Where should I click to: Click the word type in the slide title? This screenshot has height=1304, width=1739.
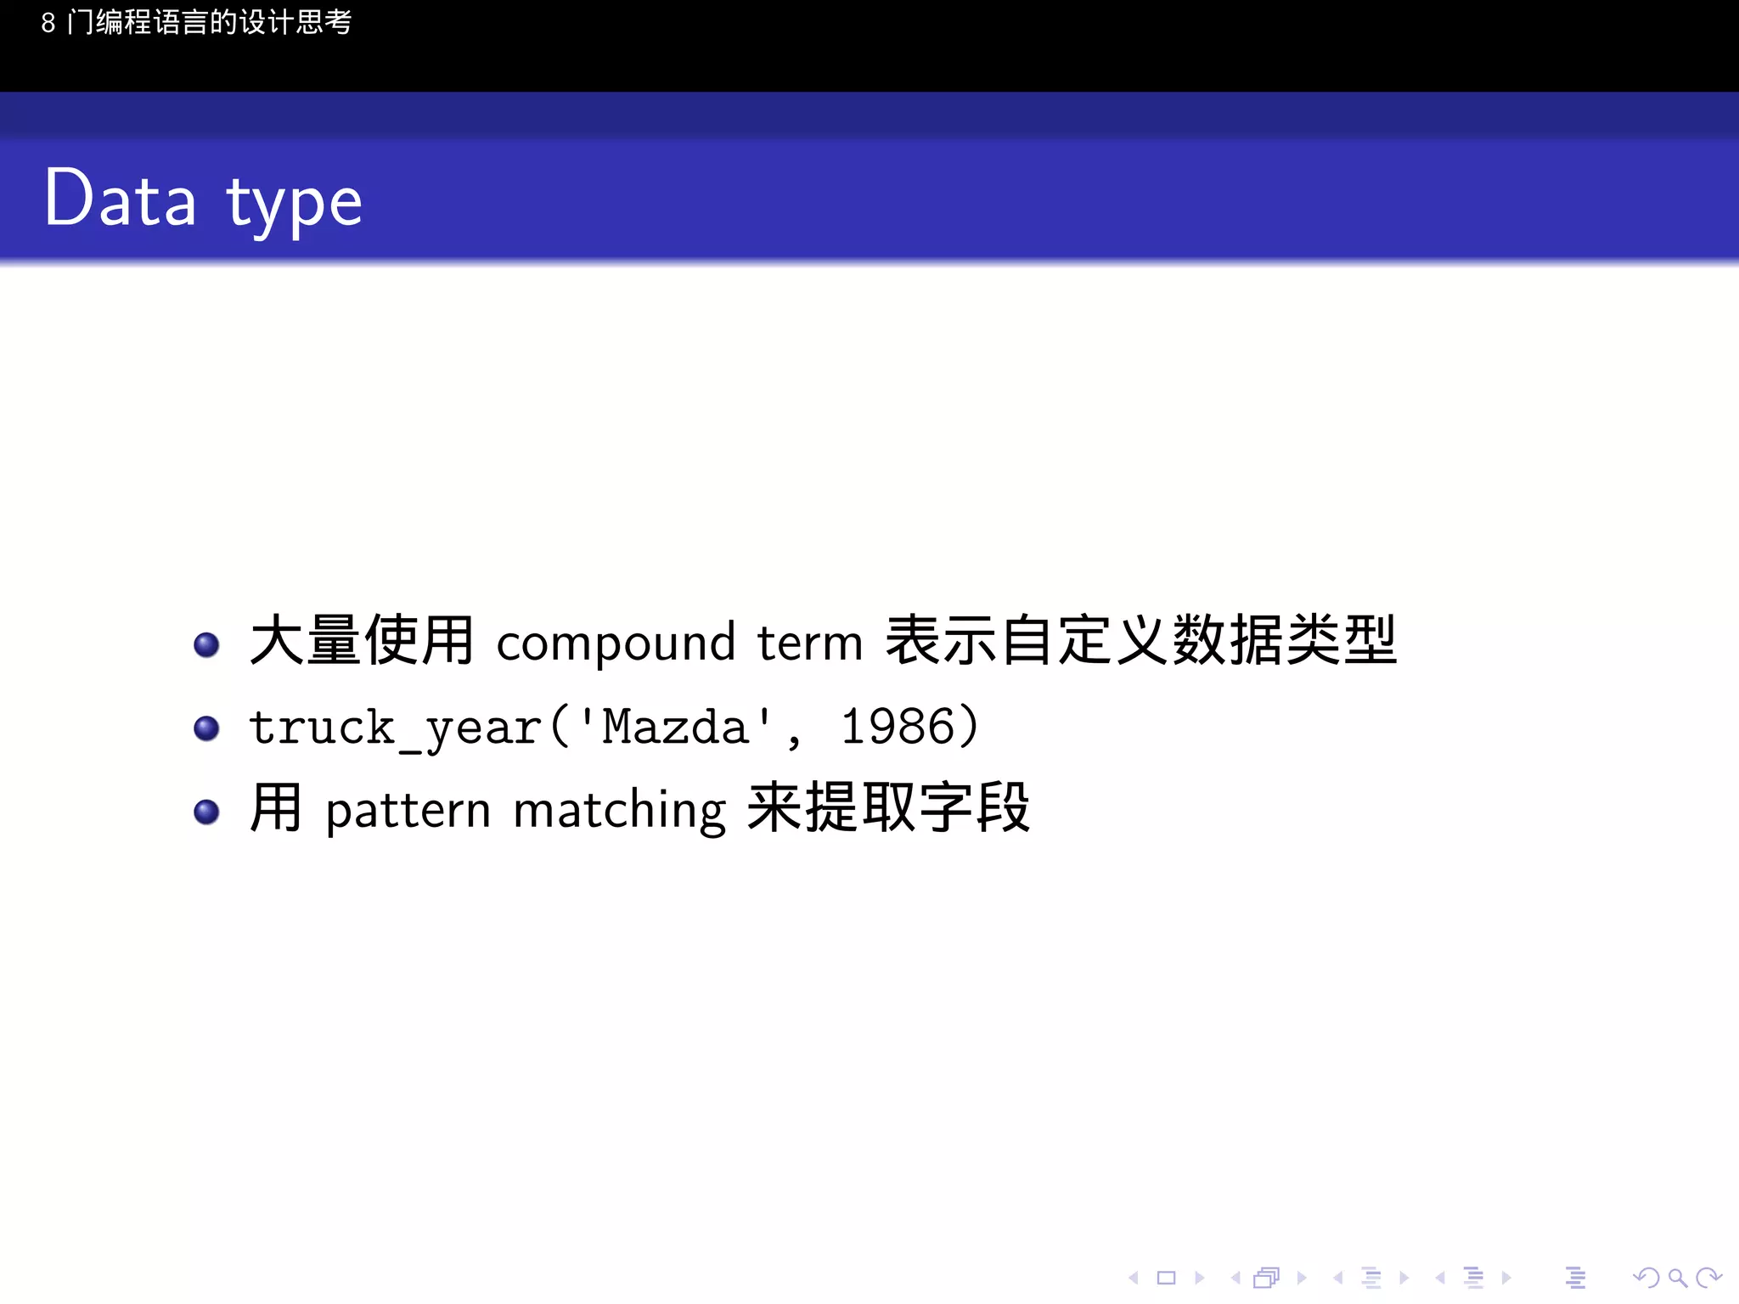(294, 204)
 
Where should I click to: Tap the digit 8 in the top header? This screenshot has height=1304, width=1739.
(48, 23)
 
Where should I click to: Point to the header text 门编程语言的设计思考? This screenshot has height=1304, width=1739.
(209, 23)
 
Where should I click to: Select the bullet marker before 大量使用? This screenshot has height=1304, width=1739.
(206, 644)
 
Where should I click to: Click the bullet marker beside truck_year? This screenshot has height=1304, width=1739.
(206, 728)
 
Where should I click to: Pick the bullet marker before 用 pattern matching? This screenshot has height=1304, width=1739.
(206, 812)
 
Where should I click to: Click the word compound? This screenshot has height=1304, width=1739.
(616, 644)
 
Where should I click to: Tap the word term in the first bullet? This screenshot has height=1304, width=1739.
(809, 643)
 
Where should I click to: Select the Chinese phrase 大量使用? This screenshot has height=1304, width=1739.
(362, 640)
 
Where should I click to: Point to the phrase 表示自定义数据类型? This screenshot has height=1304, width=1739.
(1140, 640)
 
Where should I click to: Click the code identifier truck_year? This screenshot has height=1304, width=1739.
(396, 728)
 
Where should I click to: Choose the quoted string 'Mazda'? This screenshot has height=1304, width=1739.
(675, 727)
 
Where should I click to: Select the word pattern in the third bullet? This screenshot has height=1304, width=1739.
(408, 812)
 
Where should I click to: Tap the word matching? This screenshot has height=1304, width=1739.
(620, 812)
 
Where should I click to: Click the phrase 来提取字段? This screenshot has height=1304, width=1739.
(888, 808)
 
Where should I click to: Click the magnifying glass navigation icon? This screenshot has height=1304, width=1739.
(1677, 1278)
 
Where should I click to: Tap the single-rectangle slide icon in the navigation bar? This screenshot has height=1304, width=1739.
(1166, 1278)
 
